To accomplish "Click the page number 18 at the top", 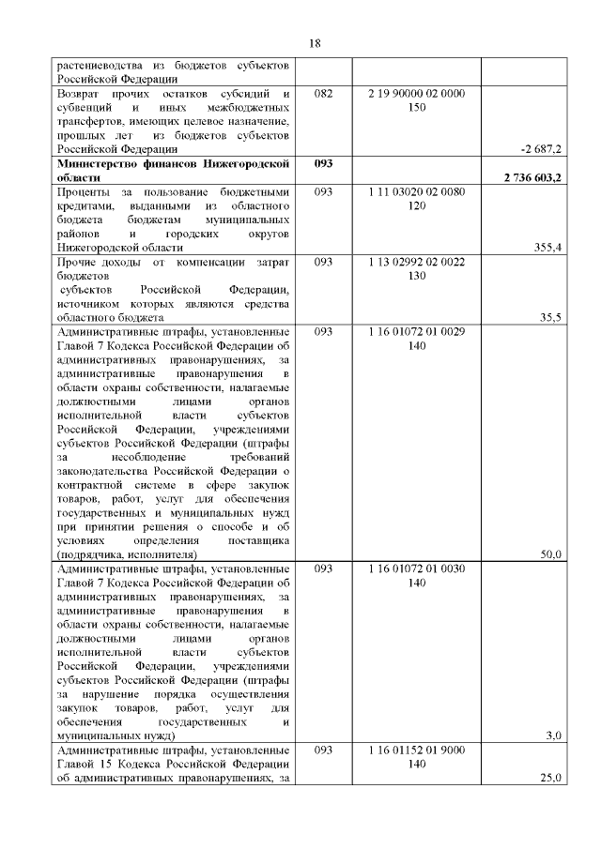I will (x=316, y=43).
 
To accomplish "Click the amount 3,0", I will (x=552, y=736).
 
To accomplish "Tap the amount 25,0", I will (x=547, y=778).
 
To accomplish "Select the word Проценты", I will (x=85, y=191).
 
